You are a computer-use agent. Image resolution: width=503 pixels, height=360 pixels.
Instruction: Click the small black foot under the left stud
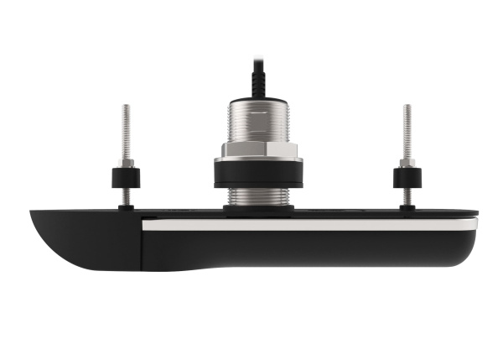126,207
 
